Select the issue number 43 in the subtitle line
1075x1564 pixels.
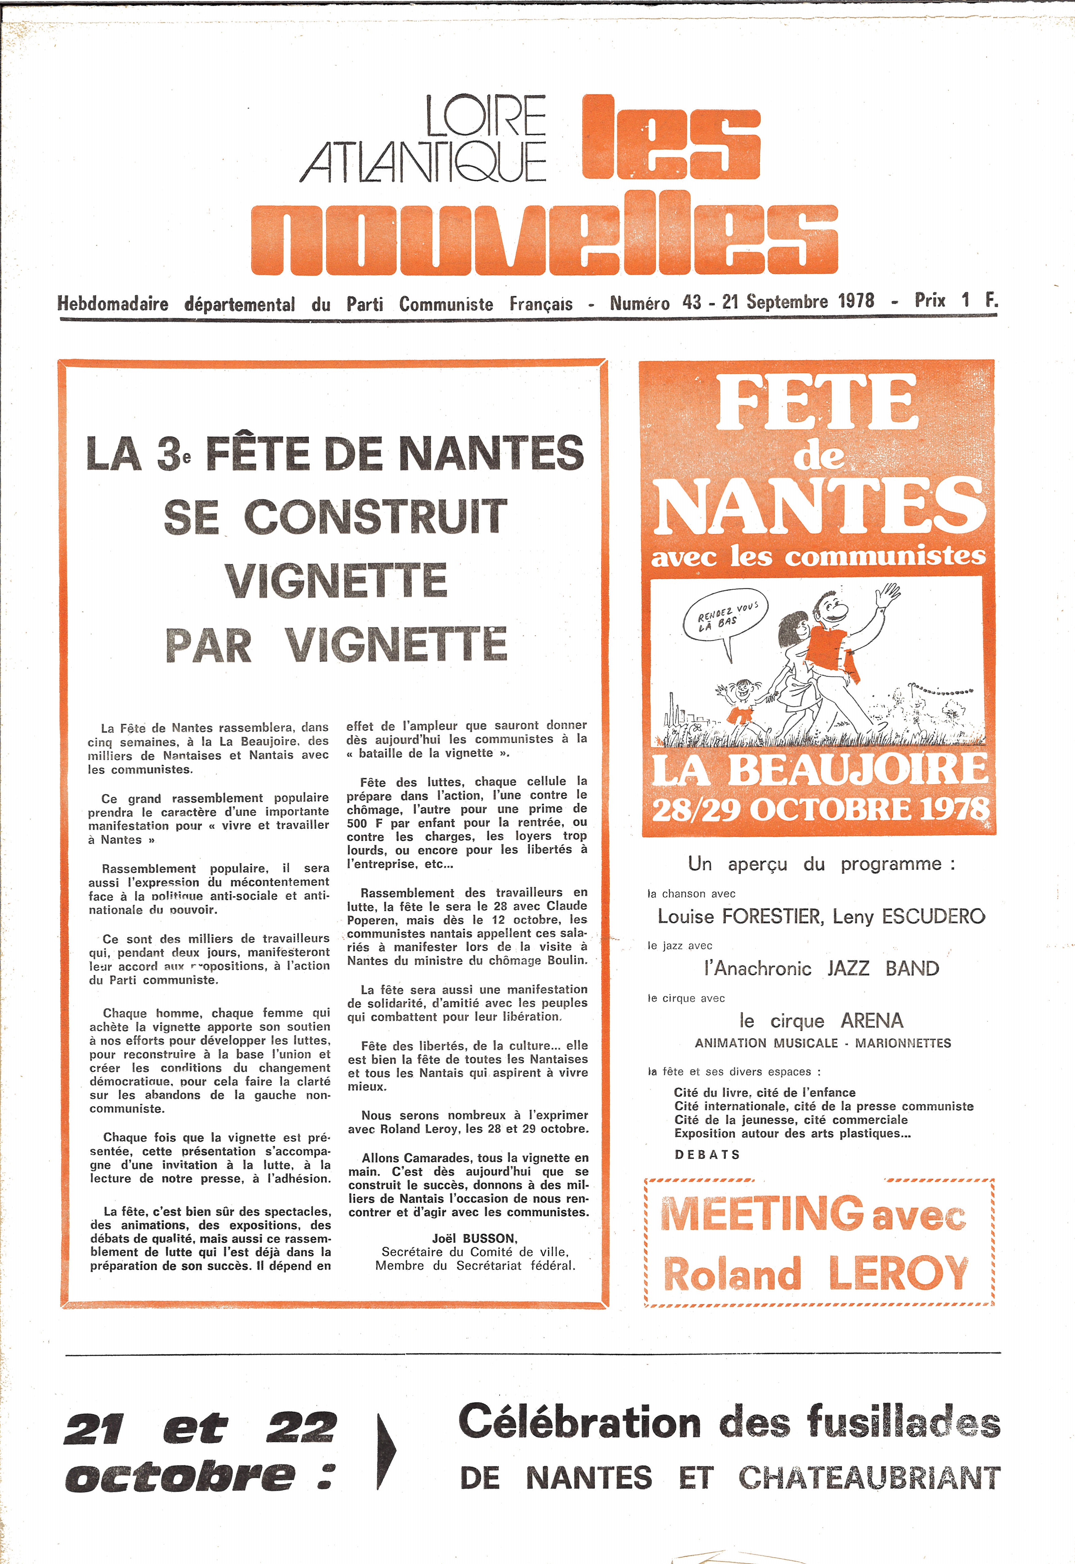click(x=692, y=302)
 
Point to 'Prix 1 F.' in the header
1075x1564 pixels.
click(x=955, y=300)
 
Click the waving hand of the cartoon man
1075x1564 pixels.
click(x=888, y=594)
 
